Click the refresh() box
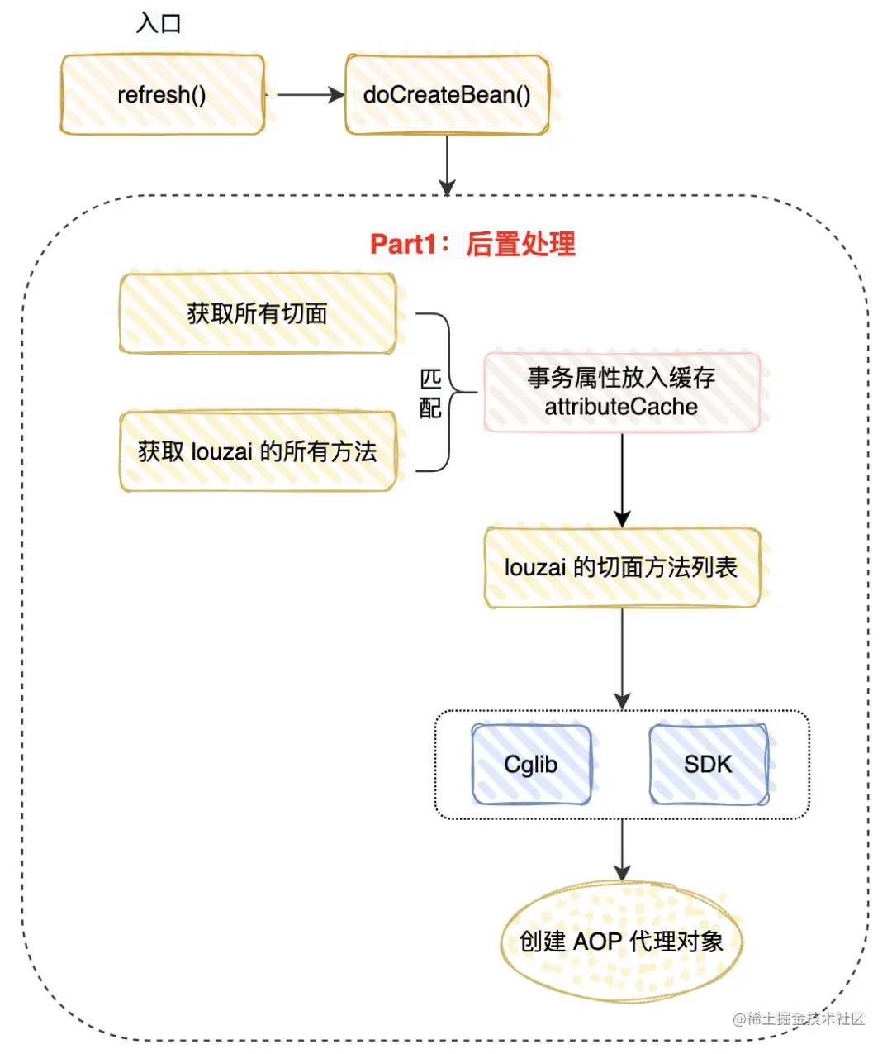(162, 95)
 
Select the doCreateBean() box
(447, 95)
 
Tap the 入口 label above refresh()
(159, 23)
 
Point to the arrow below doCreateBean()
(447, 164)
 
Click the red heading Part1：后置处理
(472, 244)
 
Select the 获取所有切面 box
(258, 314)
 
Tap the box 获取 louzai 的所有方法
(258, 451)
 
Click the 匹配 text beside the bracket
(430, 393)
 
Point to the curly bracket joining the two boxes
(450, 392)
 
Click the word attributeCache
(621, 407)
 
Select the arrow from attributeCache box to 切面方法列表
(622, 479)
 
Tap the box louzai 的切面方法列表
(621, 568)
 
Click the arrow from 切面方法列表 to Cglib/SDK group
(622, 658)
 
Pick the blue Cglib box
(531, 765)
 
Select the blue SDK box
(709, 765)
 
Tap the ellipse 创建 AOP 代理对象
(621, 942)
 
